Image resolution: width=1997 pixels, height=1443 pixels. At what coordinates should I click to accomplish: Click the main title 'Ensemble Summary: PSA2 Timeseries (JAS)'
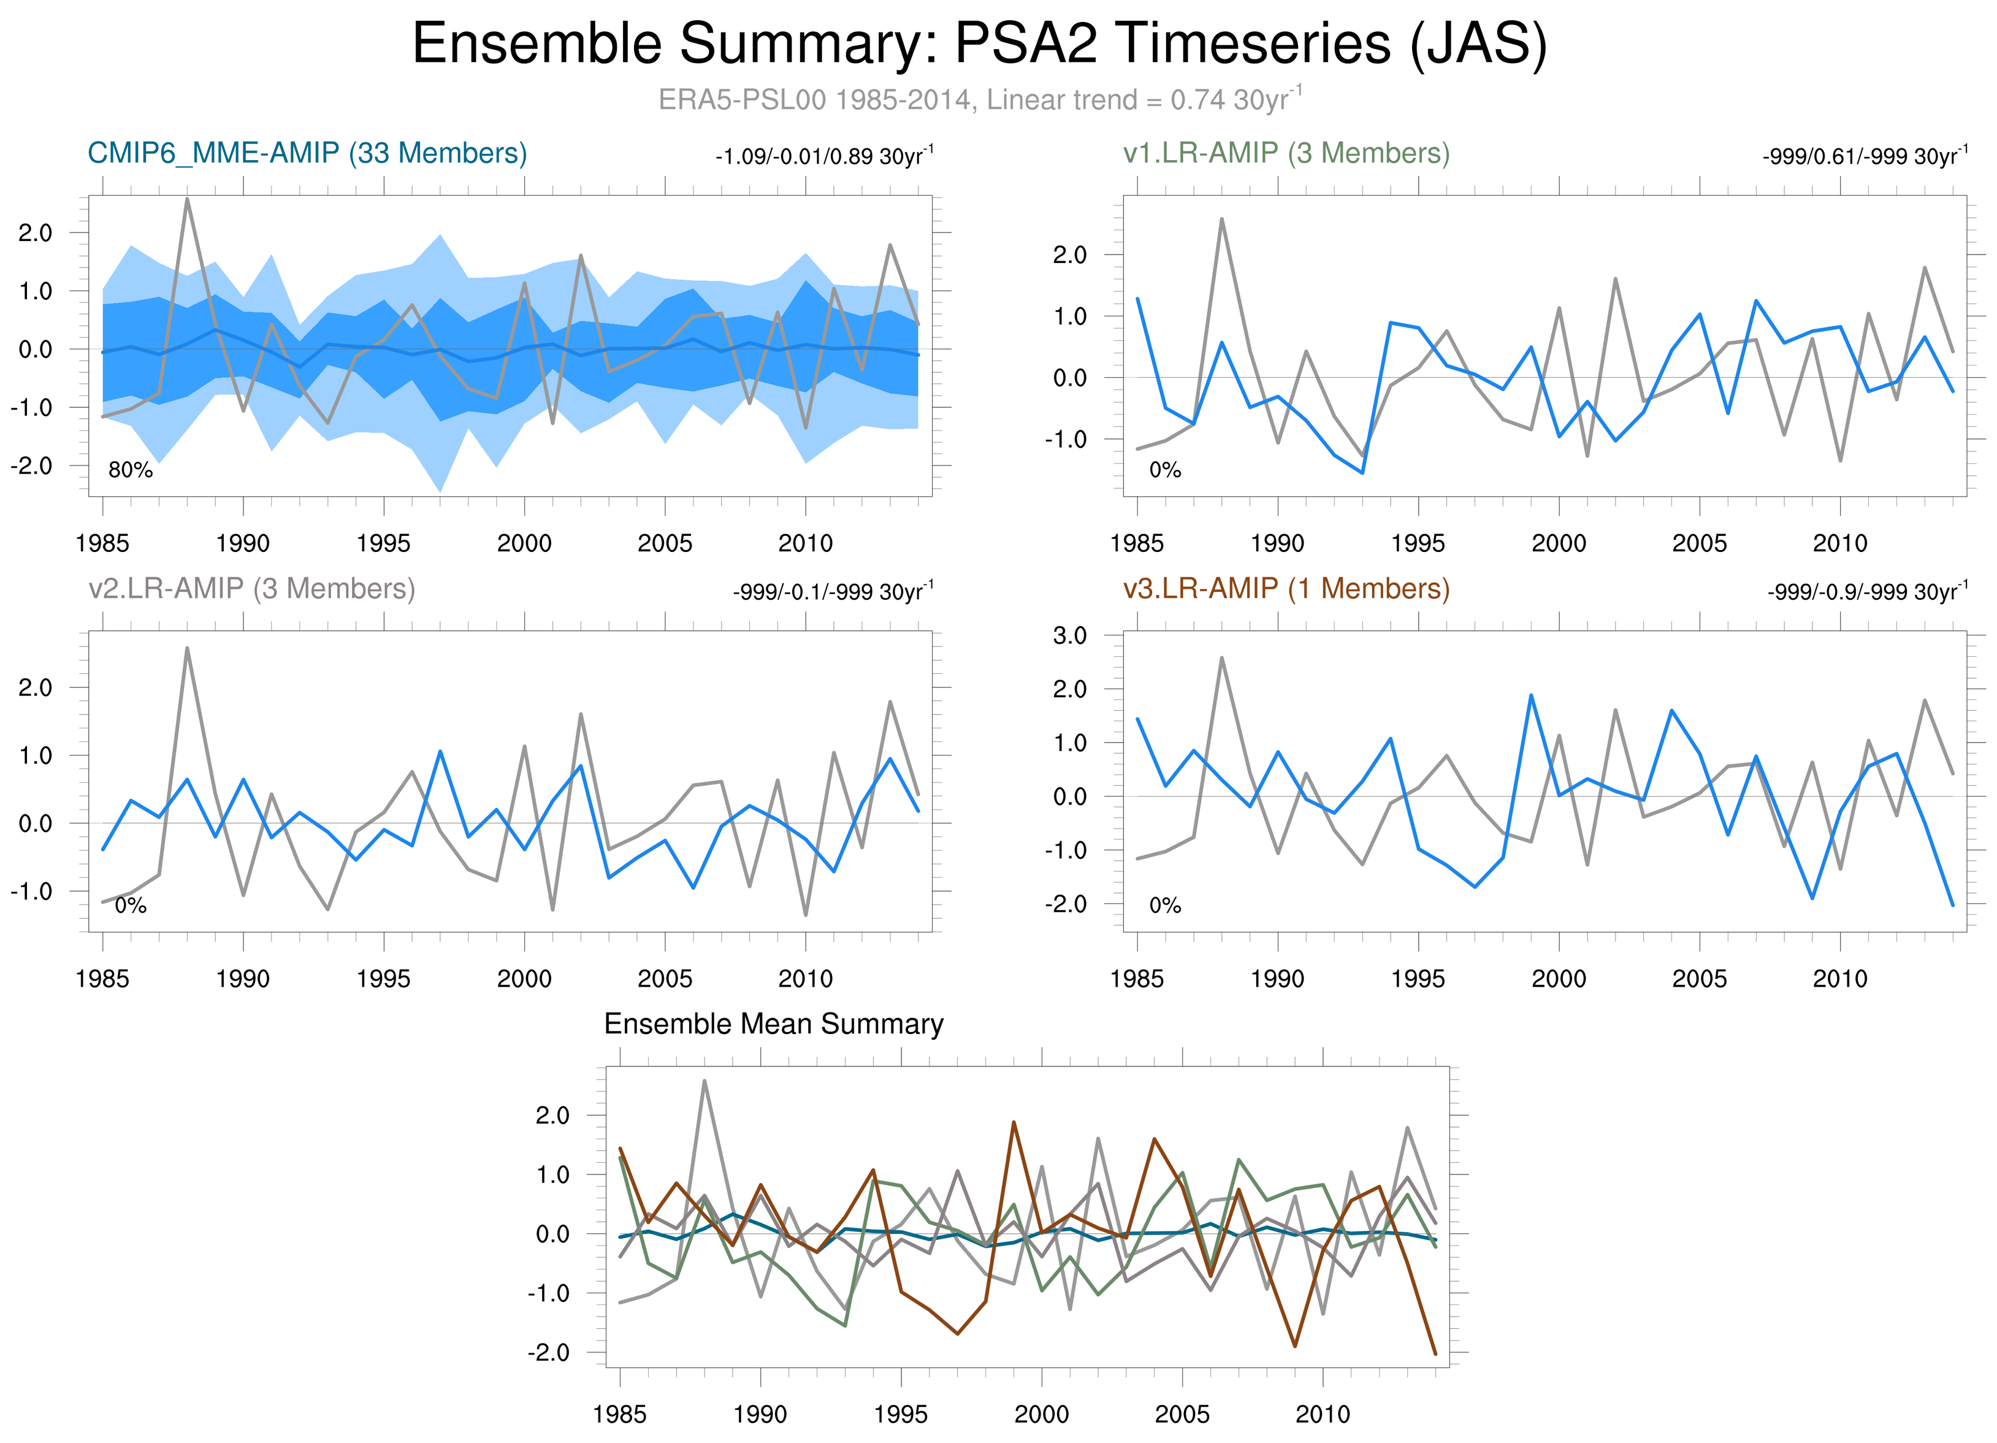point(979,44)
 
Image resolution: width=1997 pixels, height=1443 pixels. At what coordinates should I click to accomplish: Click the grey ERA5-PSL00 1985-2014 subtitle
point(979,99)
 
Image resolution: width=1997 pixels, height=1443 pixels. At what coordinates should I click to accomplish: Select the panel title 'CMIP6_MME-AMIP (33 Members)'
point(307,153)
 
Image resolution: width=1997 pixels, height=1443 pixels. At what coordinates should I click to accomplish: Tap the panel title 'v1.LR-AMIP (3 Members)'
point(1286,153)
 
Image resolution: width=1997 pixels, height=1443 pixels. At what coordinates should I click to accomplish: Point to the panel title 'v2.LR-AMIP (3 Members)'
point(252,588)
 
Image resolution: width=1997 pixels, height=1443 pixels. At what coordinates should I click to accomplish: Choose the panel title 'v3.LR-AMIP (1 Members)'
point(1286,588)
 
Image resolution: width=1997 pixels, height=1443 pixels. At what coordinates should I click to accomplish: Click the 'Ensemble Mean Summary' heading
point(773,1024)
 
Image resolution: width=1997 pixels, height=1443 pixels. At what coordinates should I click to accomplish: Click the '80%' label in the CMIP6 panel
point(131,470)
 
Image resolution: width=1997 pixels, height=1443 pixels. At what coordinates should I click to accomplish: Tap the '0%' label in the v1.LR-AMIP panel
point(1165,470)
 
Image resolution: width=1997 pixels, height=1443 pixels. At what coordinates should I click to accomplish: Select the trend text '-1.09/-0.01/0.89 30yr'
point(823,157)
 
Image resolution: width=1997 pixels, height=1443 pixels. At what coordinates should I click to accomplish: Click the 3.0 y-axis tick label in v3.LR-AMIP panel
point(1070,636)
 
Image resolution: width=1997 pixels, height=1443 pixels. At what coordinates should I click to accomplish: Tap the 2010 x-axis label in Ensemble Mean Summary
point(1323,1415)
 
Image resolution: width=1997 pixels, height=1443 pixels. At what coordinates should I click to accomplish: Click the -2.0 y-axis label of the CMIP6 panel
point(32,465)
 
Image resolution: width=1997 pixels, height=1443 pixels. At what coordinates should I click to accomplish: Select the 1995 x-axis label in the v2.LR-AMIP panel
point(383,979)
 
